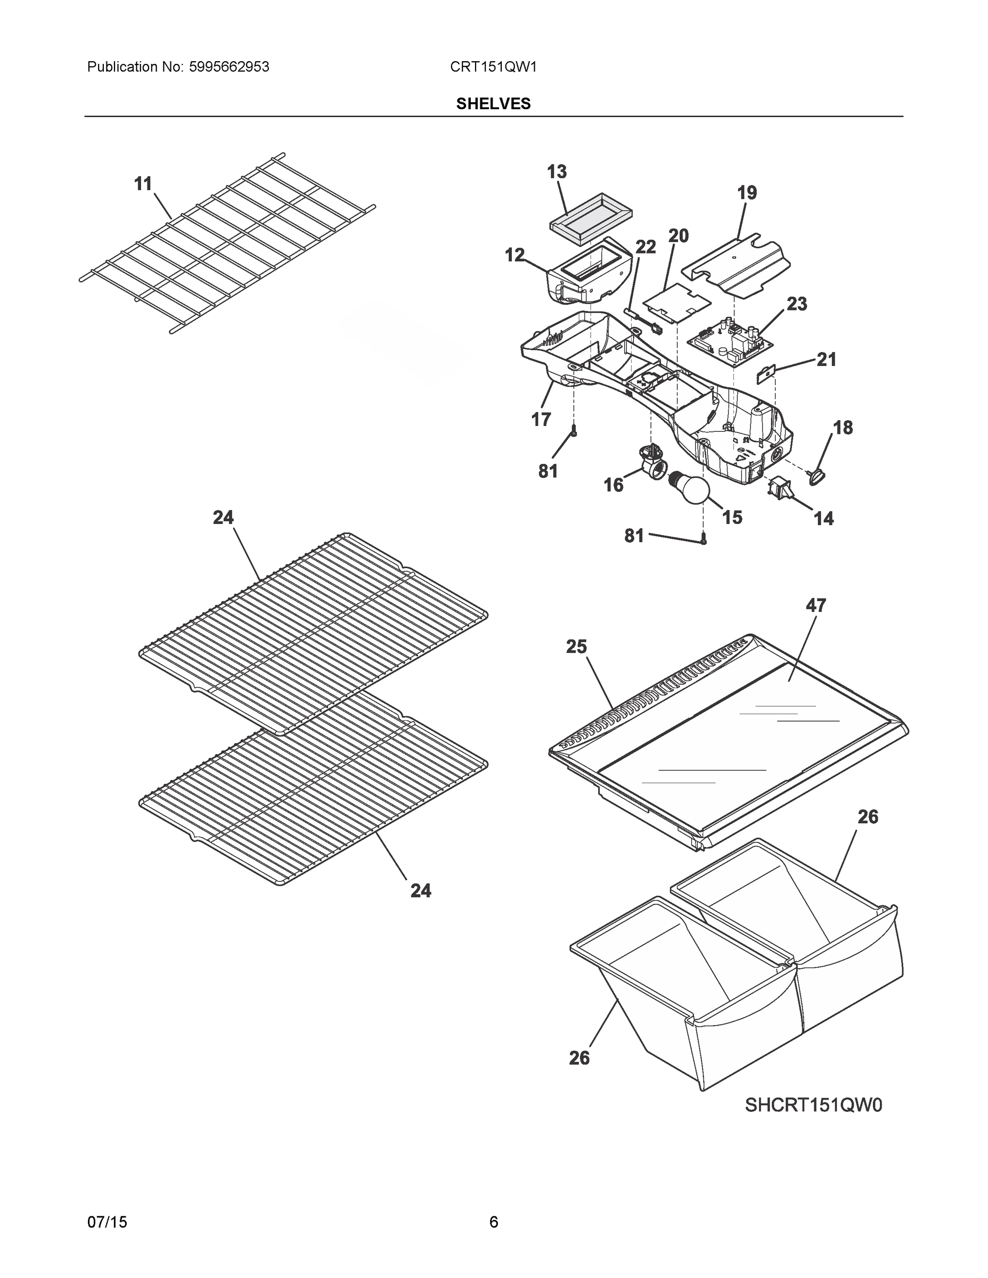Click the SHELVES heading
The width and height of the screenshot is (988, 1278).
(x=493, y=104)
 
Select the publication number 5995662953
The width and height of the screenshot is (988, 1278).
(x=229, y=67)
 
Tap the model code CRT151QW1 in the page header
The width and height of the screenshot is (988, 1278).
(x=493, y=67)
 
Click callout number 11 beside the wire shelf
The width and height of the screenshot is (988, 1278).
(x=143, y=184)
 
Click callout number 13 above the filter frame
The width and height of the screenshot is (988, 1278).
(x=557, y=171)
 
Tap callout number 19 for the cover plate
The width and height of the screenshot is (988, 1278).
(x=747, y=193)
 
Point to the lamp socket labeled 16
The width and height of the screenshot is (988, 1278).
(x=649, y=460)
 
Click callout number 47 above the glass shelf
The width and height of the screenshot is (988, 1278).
(x=815, y=605)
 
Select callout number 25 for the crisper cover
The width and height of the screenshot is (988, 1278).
(x=576, y=646)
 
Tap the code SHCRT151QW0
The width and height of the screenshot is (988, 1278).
(x=813, y=1105)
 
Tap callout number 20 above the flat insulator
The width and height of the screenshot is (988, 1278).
(x=679, y=236)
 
